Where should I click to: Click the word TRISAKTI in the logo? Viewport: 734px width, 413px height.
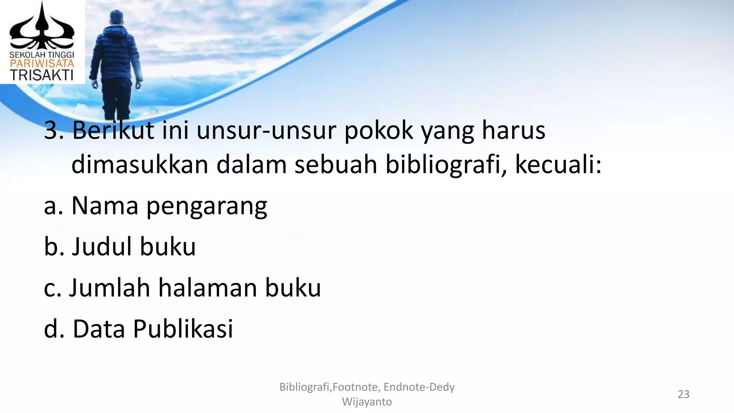pos(42,75)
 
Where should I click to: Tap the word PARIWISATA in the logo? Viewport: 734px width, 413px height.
pos(42,64)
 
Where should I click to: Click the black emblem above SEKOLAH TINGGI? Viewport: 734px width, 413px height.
pos(42,27)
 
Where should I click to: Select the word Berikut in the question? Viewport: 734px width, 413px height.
pos(113,130)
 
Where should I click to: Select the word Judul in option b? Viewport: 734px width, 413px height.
pos(102,247)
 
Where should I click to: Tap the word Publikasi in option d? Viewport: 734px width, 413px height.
pos(183,329)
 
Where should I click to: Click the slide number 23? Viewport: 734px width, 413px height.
pos(683,394)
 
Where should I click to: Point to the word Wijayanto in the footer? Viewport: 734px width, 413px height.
pos(367,402)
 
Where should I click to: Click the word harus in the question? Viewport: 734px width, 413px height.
pos(513,130)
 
